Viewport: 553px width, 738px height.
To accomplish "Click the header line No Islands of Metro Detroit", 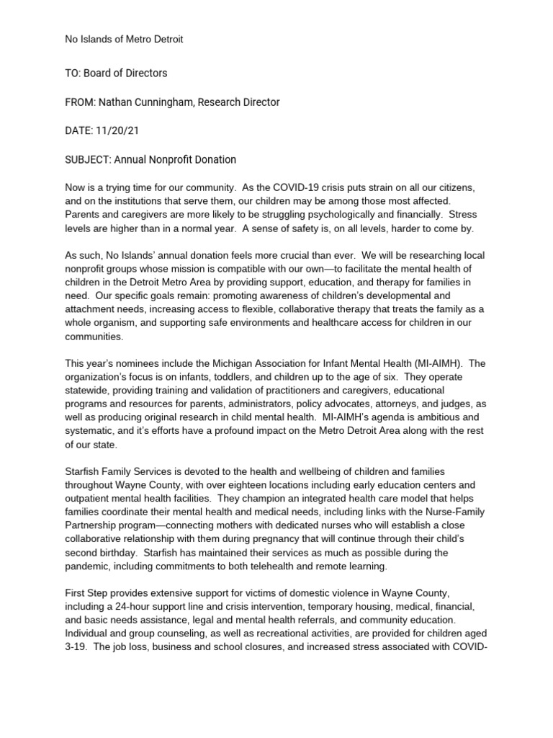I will (x=124, y=39).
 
